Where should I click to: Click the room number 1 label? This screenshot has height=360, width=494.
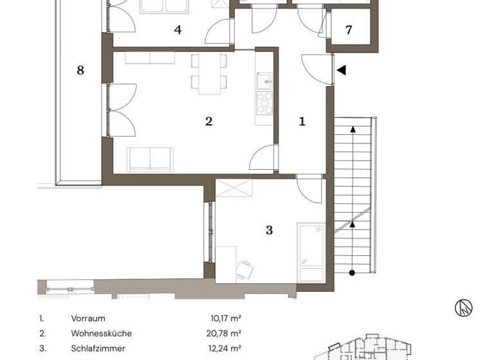click(303, 120)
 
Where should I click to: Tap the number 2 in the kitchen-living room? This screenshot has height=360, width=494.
click(208, 120)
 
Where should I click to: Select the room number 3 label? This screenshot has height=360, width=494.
click(270, 230)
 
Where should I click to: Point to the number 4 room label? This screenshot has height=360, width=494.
click(178, 30)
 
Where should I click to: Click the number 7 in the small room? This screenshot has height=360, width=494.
click(349, 30)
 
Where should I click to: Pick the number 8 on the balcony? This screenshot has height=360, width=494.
click(80, 70)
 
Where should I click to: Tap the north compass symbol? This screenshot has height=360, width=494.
click(464, 308)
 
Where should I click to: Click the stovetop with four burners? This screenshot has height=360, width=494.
click(264, 102)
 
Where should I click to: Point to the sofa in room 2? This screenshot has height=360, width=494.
click(150, 159)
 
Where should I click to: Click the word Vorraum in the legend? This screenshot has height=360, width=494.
click(88, 318)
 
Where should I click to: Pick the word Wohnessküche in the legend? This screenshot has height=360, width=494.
click(102, 334)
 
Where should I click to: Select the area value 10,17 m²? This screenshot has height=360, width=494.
click(226, 318)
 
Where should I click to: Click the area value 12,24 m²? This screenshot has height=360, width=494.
click(226, 348)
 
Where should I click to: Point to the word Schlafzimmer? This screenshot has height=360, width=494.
click(98, 348)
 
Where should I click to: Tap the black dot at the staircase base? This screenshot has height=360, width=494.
click(352, 273)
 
